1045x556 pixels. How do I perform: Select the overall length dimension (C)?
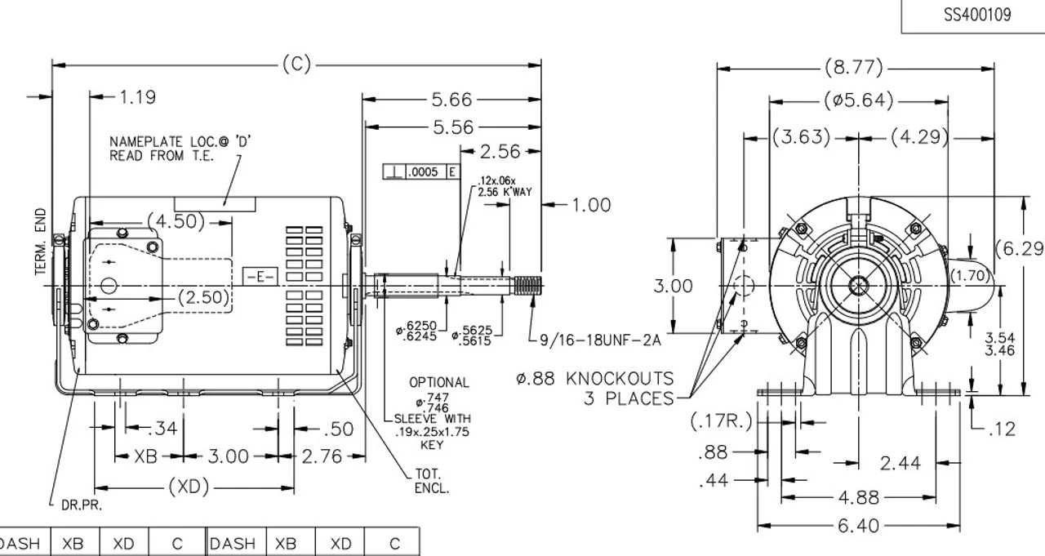296,64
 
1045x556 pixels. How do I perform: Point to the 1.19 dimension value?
137,97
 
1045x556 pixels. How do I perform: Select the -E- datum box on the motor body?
260,277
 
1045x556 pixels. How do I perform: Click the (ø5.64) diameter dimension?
857,101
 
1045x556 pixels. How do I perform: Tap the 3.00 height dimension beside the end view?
674,287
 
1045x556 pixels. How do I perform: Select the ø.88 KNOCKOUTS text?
595,379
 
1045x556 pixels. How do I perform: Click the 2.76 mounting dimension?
321,456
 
